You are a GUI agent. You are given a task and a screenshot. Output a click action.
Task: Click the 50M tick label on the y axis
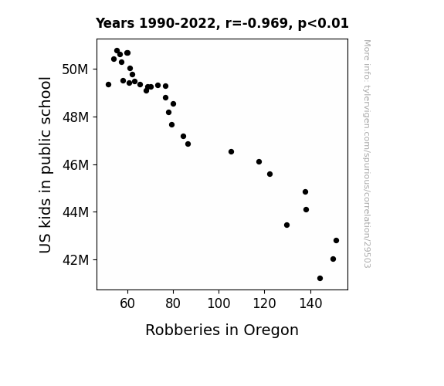(x=75, y=69)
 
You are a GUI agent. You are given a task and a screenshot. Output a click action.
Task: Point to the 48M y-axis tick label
(x=76, y=117)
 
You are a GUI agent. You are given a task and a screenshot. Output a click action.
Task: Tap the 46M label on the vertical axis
(x=76, y=164)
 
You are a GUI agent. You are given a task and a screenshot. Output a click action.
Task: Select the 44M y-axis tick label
(x=76, y=212)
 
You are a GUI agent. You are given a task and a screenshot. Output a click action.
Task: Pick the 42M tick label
(x=76, y=259)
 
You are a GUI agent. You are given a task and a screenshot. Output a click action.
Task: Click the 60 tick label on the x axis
(x=127, y=303)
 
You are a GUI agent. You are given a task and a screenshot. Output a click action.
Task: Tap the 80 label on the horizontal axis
(x=173, y=303)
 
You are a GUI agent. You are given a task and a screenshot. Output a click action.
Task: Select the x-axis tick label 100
(x=219, y=303)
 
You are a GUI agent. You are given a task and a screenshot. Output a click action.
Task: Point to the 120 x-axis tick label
(x=265, y=303)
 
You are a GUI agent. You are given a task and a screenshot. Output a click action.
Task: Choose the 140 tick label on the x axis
(x=310, y=303)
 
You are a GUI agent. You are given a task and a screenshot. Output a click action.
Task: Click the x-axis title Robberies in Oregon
(x=222, y=330)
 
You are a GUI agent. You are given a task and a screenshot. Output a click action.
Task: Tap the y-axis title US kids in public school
(x=46, y=164)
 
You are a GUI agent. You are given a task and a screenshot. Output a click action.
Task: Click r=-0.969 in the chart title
(x=256, y=23)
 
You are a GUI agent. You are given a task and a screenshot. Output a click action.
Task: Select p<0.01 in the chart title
(x=323, y=23)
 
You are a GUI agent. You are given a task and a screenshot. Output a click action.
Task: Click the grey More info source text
(x=367, y=154)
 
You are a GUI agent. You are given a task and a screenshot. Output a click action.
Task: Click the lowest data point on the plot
(x=320, y=279)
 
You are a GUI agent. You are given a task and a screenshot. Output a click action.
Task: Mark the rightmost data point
(x=336, y=240)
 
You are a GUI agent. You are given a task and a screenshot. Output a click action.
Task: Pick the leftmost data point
(x=108, y=85)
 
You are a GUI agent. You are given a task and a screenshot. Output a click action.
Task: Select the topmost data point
(x=117, y=51)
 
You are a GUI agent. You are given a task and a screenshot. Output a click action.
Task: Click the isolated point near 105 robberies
(x=231, y=152)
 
